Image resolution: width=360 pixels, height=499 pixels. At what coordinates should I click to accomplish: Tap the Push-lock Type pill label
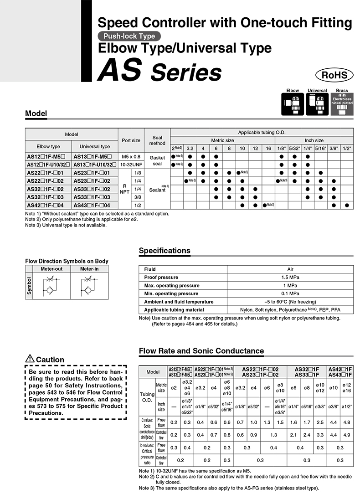(x=129, y=36)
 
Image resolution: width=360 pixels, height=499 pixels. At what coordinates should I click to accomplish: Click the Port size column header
(x=131, y=140)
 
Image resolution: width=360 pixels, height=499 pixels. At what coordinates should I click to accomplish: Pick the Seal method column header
(x=157, y=140)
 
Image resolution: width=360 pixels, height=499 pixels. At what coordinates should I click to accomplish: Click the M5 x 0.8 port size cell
(x=131, y=156)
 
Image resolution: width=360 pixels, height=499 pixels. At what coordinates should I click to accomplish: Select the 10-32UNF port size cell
(x=131, y=164)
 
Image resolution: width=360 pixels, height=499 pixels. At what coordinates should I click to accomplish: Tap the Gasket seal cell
(x=157, y=160)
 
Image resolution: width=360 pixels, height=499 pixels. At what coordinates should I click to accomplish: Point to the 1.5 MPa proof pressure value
(x=290, y=277)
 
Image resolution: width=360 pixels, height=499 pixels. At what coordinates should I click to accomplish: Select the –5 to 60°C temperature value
(x=290, y=302)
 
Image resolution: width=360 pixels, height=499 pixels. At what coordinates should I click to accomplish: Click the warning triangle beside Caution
(x=30, y=359)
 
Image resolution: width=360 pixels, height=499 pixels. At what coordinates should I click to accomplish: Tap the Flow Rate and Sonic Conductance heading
(x=201, y=350)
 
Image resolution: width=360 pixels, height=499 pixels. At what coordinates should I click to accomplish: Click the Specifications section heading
(x=165, y=251)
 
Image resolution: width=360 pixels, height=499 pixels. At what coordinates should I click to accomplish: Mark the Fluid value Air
(x=290, y=269)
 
